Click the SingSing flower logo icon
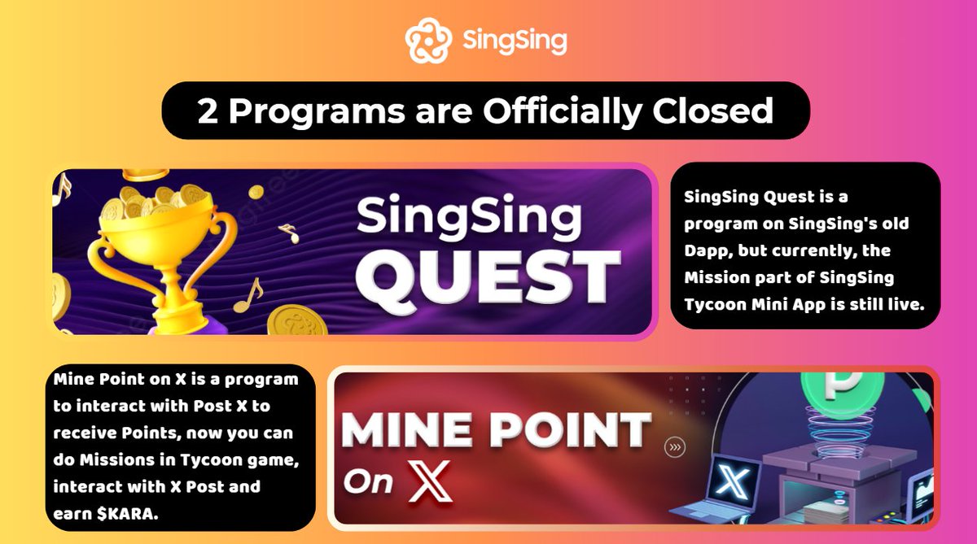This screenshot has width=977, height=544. point(428,41)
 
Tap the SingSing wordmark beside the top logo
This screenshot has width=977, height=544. point(515,41)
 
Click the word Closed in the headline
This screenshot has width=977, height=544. point(712,111)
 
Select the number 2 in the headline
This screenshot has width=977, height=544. point(207,111)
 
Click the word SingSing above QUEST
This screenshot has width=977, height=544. point(469,217)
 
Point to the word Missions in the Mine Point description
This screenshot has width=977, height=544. point(116,459)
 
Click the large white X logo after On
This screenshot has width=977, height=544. point(429,481)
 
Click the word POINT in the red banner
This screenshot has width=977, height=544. point(570,429)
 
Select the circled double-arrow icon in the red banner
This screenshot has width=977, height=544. point(675,447)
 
